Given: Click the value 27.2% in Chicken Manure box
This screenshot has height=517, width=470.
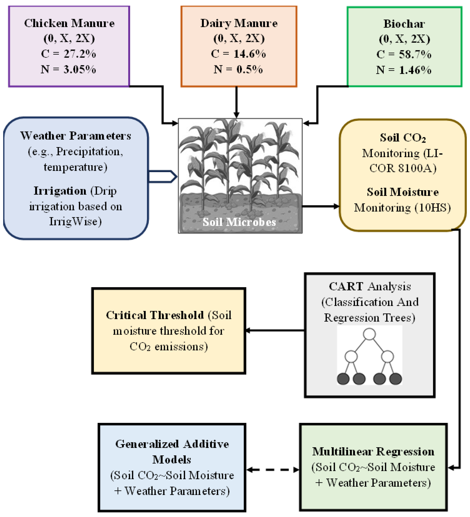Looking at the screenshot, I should click(80, 54).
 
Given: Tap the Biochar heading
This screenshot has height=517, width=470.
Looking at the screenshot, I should click(404, 24).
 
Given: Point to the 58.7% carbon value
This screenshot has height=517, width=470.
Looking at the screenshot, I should click(415, 55).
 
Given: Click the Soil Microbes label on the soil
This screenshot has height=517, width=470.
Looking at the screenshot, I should click(239, 222).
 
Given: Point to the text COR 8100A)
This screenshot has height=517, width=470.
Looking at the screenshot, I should click(403, 168).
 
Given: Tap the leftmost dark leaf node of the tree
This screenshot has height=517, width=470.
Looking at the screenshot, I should click(343, 379).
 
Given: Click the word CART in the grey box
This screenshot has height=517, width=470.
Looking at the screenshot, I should click(346, 286).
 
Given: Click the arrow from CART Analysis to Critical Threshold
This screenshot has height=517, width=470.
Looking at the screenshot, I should click(275, 331).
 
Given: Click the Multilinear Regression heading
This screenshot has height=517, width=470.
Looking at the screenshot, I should click(373, 452).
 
